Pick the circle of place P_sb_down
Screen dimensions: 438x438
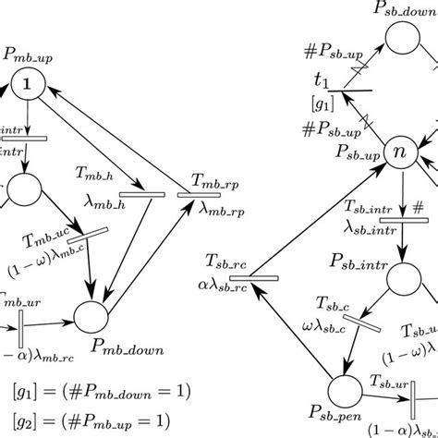404,40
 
